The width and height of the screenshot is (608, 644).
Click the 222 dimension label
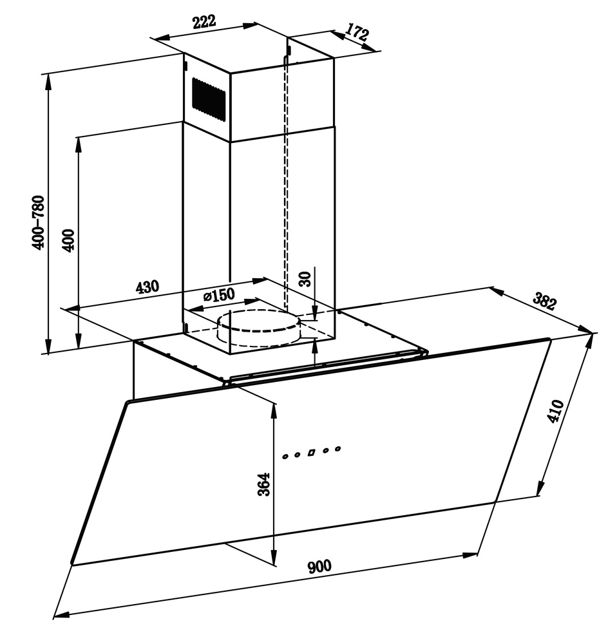point(204,22)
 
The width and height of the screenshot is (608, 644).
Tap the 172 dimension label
point(357,32)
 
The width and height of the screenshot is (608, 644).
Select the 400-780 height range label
point(39,223)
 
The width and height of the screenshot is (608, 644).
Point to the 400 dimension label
point(68,241)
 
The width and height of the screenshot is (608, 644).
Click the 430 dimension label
point(147,287)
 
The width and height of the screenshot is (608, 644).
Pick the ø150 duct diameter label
point(218,295)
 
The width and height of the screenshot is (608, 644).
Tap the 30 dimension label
point(305,279)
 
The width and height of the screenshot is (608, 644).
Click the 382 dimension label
point(545,301)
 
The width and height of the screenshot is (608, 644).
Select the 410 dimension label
point(555,411)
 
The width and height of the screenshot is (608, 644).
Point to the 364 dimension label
point(264,484)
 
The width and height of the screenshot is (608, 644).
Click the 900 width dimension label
point(319,567)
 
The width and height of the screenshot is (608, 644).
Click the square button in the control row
point(311,453)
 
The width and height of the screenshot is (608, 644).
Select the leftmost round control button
point(285,457)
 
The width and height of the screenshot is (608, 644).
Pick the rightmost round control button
point(337,449)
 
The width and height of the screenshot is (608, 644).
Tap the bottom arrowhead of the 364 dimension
point(273,557)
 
